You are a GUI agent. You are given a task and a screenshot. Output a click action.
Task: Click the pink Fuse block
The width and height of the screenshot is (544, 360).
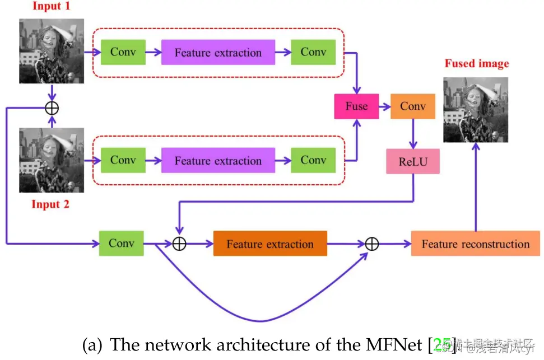(x=356, y=106)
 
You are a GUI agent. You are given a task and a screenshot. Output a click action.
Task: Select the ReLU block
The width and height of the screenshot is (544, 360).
(x=413, y=162)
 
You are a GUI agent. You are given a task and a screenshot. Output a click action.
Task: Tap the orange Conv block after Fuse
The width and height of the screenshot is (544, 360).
(x=413, y=106)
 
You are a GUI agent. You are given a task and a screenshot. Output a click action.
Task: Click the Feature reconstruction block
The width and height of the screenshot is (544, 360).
(x=475, y=244)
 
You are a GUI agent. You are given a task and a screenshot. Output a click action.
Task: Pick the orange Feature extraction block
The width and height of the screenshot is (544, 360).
(x=270, y=244)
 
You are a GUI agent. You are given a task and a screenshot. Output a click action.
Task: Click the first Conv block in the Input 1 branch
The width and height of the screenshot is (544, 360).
(x=123, y=52)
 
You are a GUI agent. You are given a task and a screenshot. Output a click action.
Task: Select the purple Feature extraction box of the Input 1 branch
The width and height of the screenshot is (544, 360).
(x=218, y=53)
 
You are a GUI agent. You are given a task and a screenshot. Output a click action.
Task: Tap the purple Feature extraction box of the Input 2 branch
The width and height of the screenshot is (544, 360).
(x=218, y=160)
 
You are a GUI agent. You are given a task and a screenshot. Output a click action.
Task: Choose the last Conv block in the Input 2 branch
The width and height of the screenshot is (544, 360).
(x=313, y=160)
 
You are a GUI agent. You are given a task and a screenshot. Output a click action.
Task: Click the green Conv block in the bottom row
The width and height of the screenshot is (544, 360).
(x=122, y=243)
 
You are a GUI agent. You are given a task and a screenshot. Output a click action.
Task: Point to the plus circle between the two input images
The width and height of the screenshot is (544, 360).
(x=52, y=107)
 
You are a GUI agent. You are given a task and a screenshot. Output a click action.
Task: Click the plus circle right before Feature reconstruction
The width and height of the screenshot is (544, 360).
(x=372, y=244)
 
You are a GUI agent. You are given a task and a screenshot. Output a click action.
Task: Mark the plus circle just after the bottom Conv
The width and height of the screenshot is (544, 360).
(x=179, y=244)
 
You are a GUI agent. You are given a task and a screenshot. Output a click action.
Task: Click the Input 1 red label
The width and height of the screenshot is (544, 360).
(x=51, y=7)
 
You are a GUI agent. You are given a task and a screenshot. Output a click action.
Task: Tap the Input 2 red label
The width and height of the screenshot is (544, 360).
(x=50, y=204)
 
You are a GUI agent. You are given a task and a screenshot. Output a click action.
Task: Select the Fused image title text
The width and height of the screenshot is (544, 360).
(x=476, y=64)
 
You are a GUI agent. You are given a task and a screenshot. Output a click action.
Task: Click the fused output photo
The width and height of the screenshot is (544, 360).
(x=476, y=110)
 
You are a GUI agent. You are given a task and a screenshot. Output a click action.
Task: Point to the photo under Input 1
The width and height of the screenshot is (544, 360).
(x=52, y=51)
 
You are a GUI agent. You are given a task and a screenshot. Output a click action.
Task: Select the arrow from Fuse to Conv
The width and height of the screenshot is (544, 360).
(x=385, y=106)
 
